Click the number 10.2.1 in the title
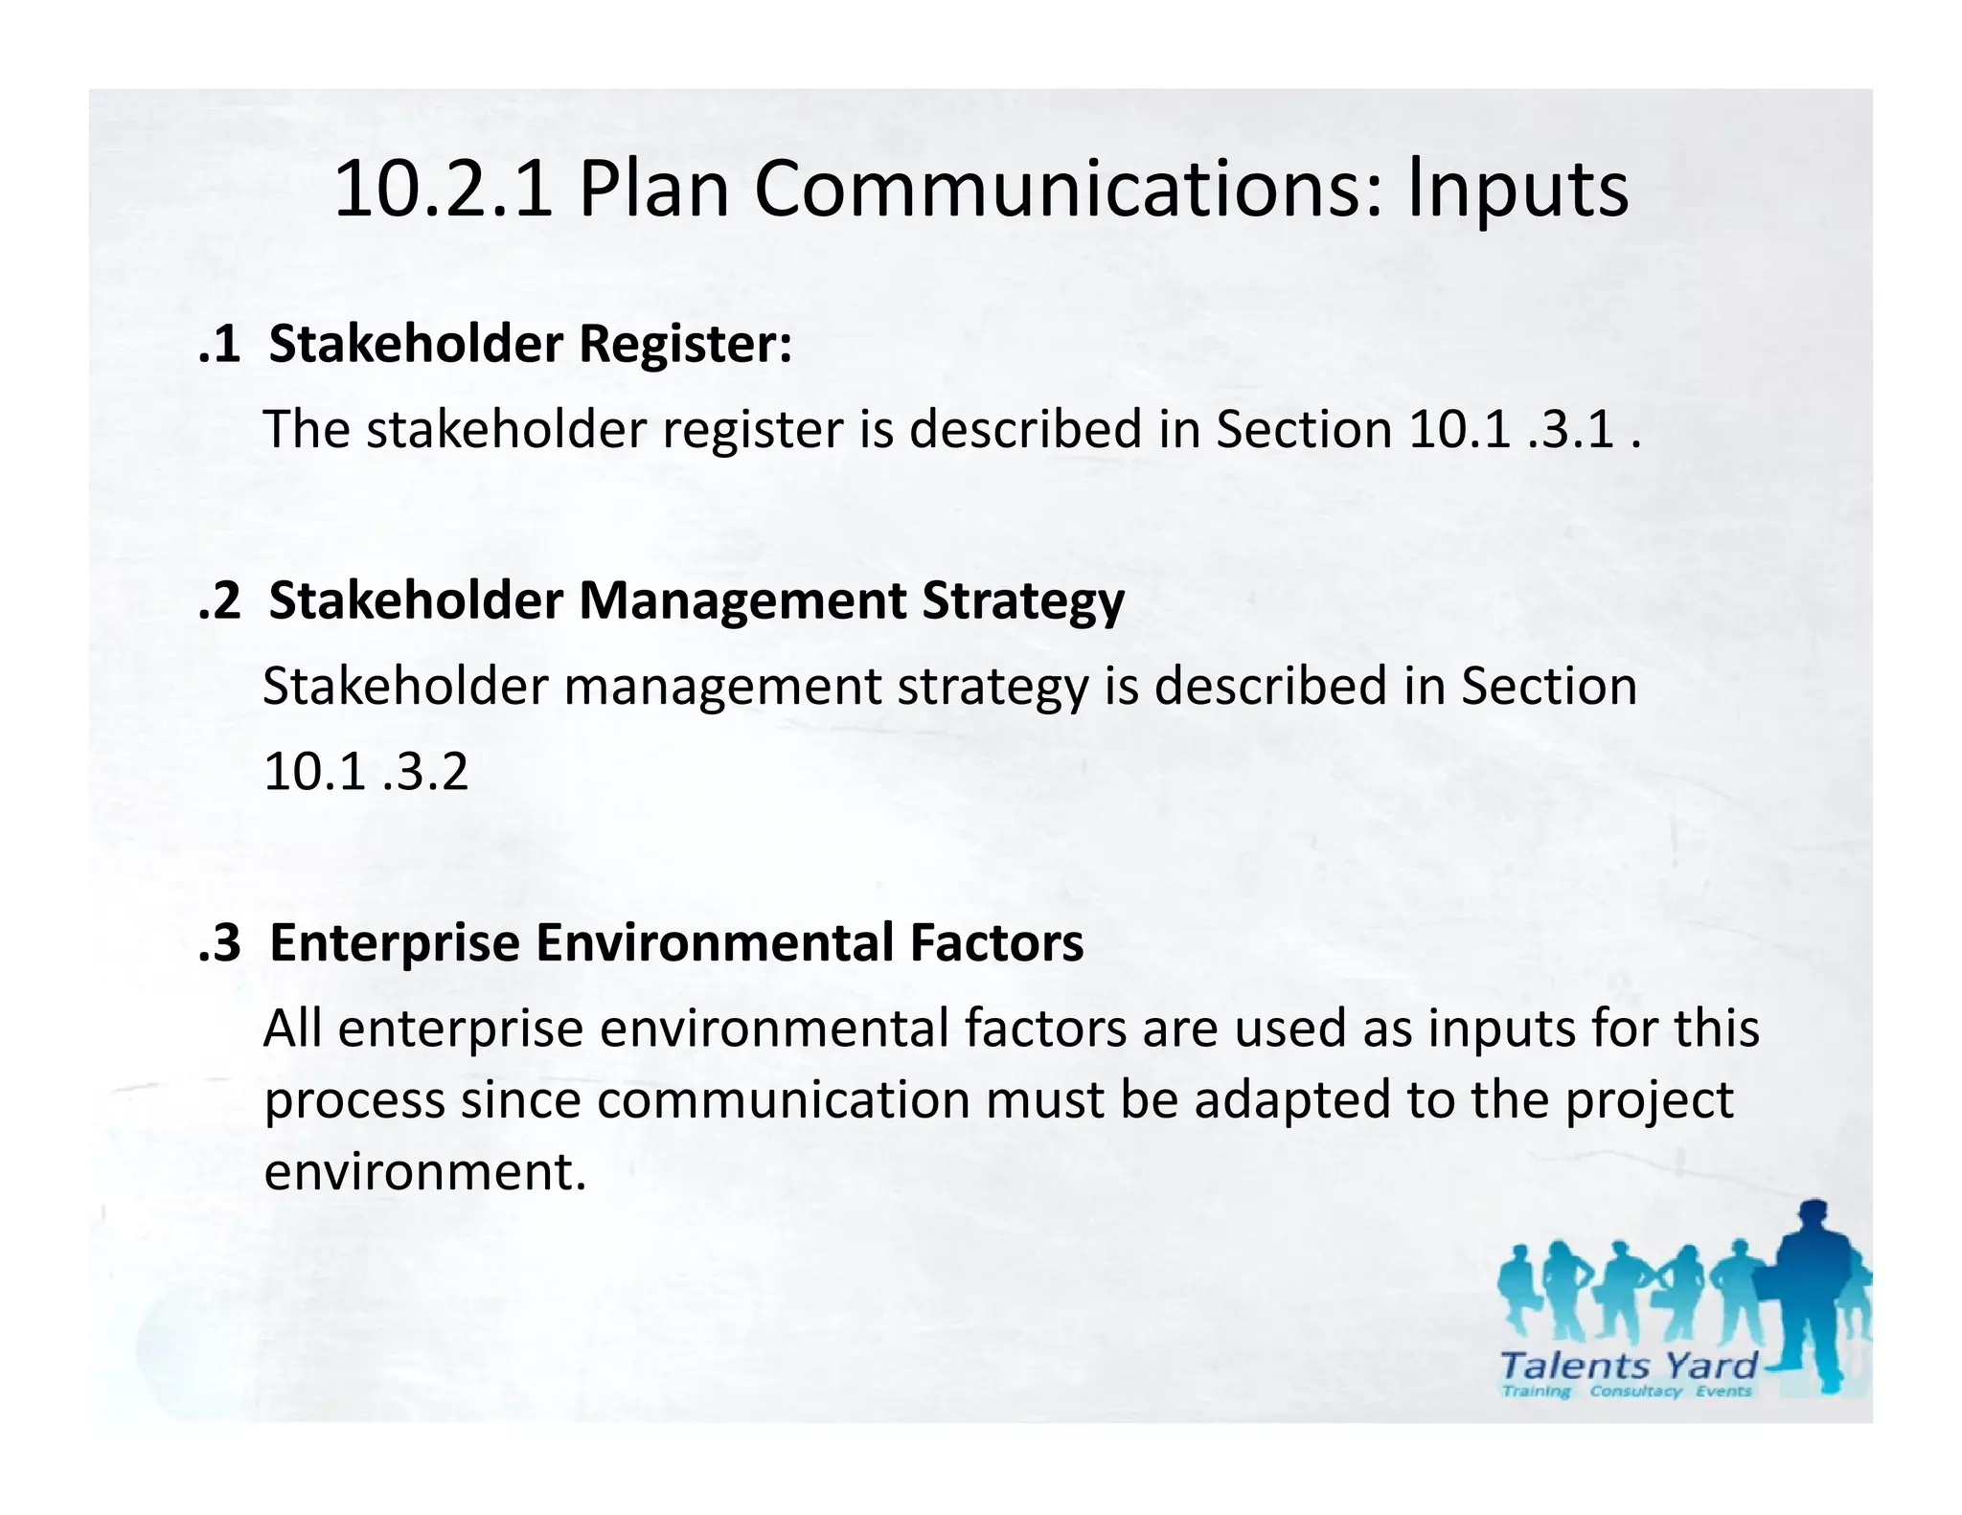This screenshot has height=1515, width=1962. [443, 190]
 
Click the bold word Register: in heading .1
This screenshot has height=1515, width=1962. [685, 344]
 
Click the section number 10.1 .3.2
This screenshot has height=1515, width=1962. [366, 772]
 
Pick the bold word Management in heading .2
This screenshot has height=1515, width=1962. [741, 601]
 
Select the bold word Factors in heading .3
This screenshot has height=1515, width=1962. [996, 942]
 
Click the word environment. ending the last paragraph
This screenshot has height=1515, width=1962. [424, 1171]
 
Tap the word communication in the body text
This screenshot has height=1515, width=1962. [783, 1100]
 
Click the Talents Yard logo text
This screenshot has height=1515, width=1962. [1628, 1366]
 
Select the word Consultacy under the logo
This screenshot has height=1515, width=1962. [1635, 1391]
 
